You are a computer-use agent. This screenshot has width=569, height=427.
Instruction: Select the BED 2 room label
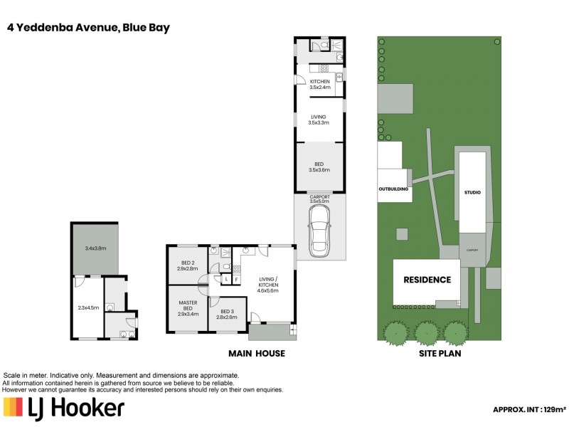188,265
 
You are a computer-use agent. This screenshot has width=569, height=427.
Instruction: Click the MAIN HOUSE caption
256,354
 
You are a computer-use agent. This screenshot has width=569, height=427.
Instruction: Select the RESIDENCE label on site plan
427,280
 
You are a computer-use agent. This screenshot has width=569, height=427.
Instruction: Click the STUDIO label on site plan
472,193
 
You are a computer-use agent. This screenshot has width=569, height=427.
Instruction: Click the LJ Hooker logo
64,408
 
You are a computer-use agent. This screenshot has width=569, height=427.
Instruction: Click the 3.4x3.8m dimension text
95,249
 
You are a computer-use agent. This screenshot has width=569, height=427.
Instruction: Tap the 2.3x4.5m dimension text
88,307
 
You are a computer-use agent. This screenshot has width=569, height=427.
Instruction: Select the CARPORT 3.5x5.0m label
319,199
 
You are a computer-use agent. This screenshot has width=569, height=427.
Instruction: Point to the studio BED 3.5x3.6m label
319,167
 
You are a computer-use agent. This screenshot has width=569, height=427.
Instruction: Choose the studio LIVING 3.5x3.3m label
319,120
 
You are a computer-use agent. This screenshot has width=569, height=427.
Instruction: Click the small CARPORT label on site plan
471,251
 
